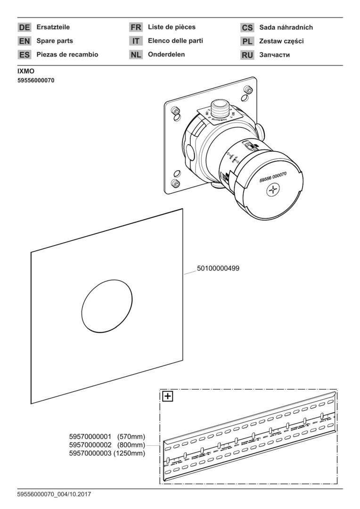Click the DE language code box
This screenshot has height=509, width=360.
pos(25,28)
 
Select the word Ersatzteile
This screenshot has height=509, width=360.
pos(53,27)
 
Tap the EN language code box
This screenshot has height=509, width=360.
pos(25,41)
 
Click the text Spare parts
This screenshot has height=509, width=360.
pos(55,41)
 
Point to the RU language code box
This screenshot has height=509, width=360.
pos(247,55)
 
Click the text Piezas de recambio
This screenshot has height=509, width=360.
pos(67,55)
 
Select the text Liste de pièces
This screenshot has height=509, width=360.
pos(172,27)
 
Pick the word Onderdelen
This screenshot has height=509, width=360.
pos(166,55)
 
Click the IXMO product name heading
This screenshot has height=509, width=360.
pos(26,71)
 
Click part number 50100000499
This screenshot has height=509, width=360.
pos(219,268)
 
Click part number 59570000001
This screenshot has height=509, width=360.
pos(90,436)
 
